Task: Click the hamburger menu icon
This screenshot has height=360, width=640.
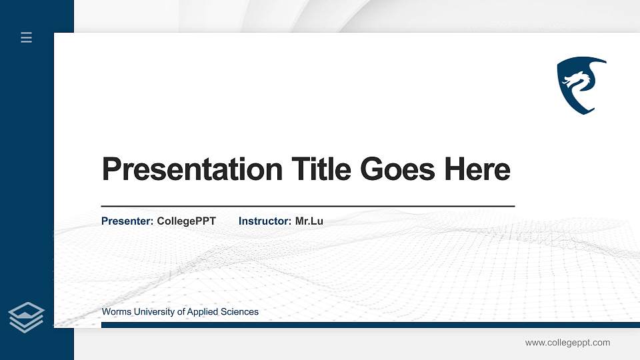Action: (27, 37)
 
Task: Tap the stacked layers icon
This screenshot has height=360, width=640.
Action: (26, 317)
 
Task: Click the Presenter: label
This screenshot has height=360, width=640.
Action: (127, 221)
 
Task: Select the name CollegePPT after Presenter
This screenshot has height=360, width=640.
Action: (187, 221)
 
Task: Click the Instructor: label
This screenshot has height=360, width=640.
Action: (265, 221)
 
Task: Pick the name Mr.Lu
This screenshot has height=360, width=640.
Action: (309, 221)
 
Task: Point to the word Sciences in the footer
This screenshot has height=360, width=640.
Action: (241, 312)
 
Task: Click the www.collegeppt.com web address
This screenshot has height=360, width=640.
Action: (567, 343)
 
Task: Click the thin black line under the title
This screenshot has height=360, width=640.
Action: (307, 207)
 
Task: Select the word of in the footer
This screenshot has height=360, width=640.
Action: (183, 312)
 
